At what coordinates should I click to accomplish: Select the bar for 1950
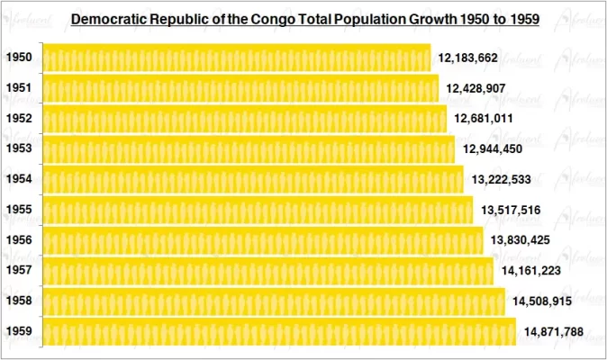click(236, 58)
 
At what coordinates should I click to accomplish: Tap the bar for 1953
click(248, 148)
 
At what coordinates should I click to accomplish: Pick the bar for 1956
click(262, 240)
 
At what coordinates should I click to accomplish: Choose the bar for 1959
click(279, 332)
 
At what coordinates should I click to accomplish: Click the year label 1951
click(19, 88)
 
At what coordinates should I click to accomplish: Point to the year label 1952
click(19, 119)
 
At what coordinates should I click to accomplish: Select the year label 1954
click(19, 179)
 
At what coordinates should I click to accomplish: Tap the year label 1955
click(19, 210)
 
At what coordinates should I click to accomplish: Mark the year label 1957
click(19, 271)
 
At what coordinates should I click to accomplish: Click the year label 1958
click(19, 301)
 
